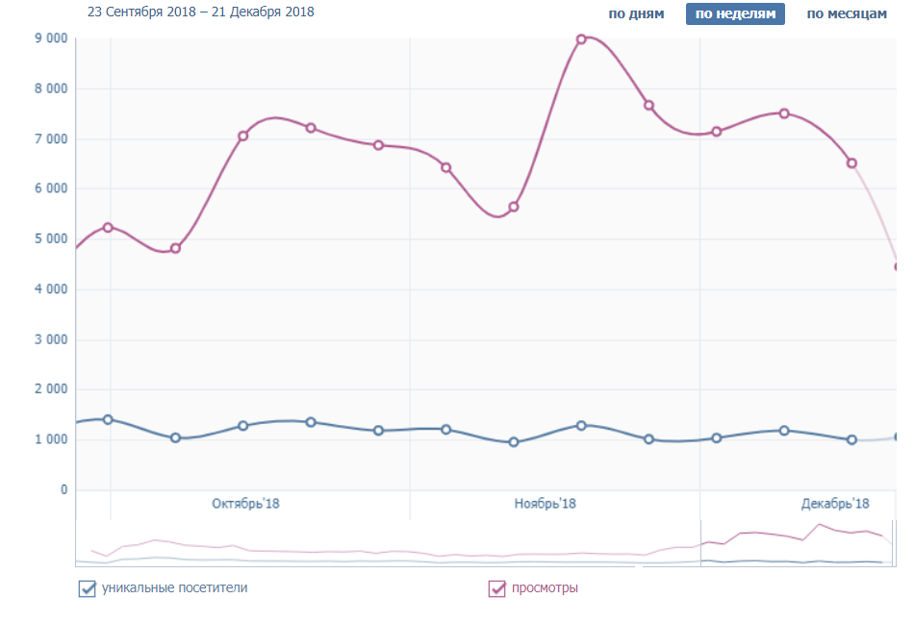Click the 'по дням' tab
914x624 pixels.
pos(636,14)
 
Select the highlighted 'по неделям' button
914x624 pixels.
pos(735,14)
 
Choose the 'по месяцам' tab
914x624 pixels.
pos(846,14)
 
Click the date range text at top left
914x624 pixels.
pos(200,12)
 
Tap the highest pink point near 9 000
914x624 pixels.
pos(581,39)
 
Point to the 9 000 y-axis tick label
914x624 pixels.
pos(50,38)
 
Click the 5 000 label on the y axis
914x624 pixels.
pos(50,239)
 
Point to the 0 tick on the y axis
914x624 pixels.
pos(64,490)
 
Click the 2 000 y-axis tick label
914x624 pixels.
pos(50,389)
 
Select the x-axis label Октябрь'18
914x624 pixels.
pos(245,504)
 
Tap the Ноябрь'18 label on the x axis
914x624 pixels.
pos(545,504)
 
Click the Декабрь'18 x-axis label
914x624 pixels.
pos(834,504)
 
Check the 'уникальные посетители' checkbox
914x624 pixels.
pos(87,588)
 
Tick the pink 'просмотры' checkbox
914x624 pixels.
pos(497,588)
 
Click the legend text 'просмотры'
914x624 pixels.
pos(545,587)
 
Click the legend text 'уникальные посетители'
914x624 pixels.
pos(174,587)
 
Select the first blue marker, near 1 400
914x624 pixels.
pos(108,419)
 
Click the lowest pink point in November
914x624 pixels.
pos(514,207)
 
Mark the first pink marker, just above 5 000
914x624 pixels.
pos(108,228)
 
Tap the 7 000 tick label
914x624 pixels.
pos(50,139)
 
